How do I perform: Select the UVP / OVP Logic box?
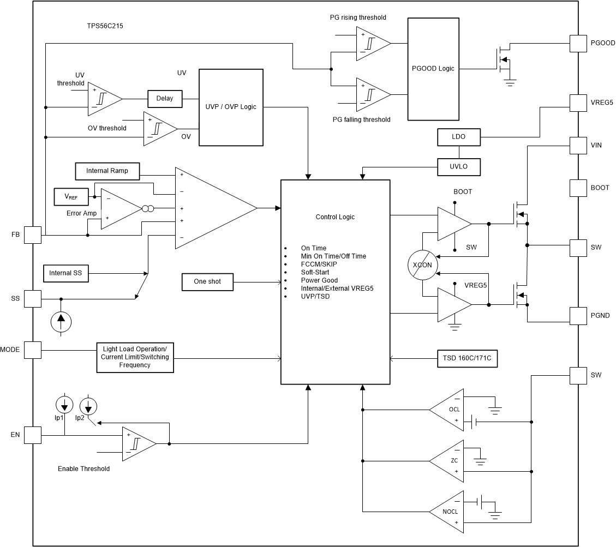[231, 107]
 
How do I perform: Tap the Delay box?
[164, 99]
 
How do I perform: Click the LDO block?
[459, 137]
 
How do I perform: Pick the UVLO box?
[459, 167]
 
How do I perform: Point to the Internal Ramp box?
[107, 171]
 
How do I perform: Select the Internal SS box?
[65, 273]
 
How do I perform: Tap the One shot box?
[207, 282]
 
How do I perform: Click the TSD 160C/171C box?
[467, 359]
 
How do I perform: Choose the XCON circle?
[422, 265]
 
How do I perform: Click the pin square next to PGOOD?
[578, 43]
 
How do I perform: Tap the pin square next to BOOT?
[578, 188]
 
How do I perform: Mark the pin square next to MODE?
[33, 350]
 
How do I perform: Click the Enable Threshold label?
[83, 468]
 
